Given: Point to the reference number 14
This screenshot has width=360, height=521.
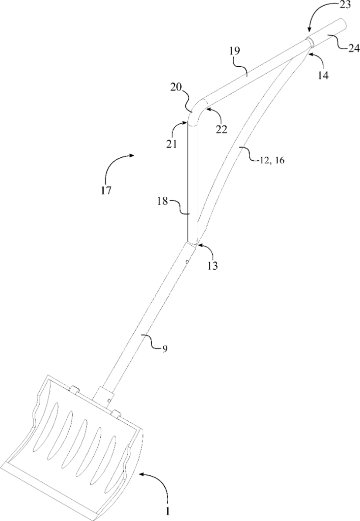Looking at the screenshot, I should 322,75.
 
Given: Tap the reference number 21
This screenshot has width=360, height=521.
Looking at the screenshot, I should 171,144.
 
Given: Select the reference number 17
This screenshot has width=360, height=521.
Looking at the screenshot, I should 106,192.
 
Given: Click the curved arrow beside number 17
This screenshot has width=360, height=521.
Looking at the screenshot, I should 118,165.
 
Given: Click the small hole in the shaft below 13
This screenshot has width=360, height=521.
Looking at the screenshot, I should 187,263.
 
